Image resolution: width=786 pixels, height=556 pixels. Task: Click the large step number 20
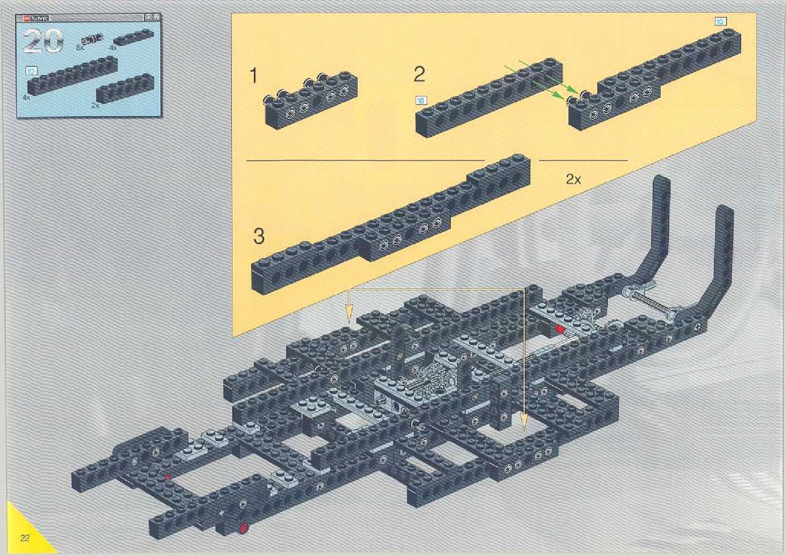click(43, 41)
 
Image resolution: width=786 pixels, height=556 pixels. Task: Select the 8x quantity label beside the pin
click(79, 47)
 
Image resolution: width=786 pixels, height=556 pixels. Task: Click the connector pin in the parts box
click(93, 39)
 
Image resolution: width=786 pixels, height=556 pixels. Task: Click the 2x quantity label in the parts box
click(95, 106)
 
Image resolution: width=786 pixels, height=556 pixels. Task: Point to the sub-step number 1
click(254, 76)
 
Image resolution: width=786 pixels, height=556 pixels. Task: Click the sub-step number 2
click(419, 75)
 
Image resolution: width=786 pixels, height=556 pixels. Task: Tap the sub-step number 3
click(259, 236)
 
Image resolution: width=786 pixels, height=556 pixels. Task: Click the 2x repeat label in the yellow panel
click(573, 179)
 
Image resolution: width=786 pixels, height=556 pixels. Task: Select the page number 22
click(25, 538)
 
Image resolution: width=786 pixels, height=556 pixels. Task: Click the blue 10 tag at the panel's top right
click(720, 21)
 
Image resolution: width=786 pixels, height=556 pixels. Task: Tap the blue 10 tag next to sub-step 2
click(421, 100)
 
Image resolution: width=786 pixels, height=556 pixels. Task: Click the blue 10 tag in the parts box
click(31, 71)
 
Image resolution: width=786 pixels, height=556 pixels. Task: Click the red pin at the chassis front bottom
click(244, 528)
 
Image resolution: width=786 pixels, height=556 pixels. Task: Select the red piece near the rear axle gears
click(560, 329)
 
